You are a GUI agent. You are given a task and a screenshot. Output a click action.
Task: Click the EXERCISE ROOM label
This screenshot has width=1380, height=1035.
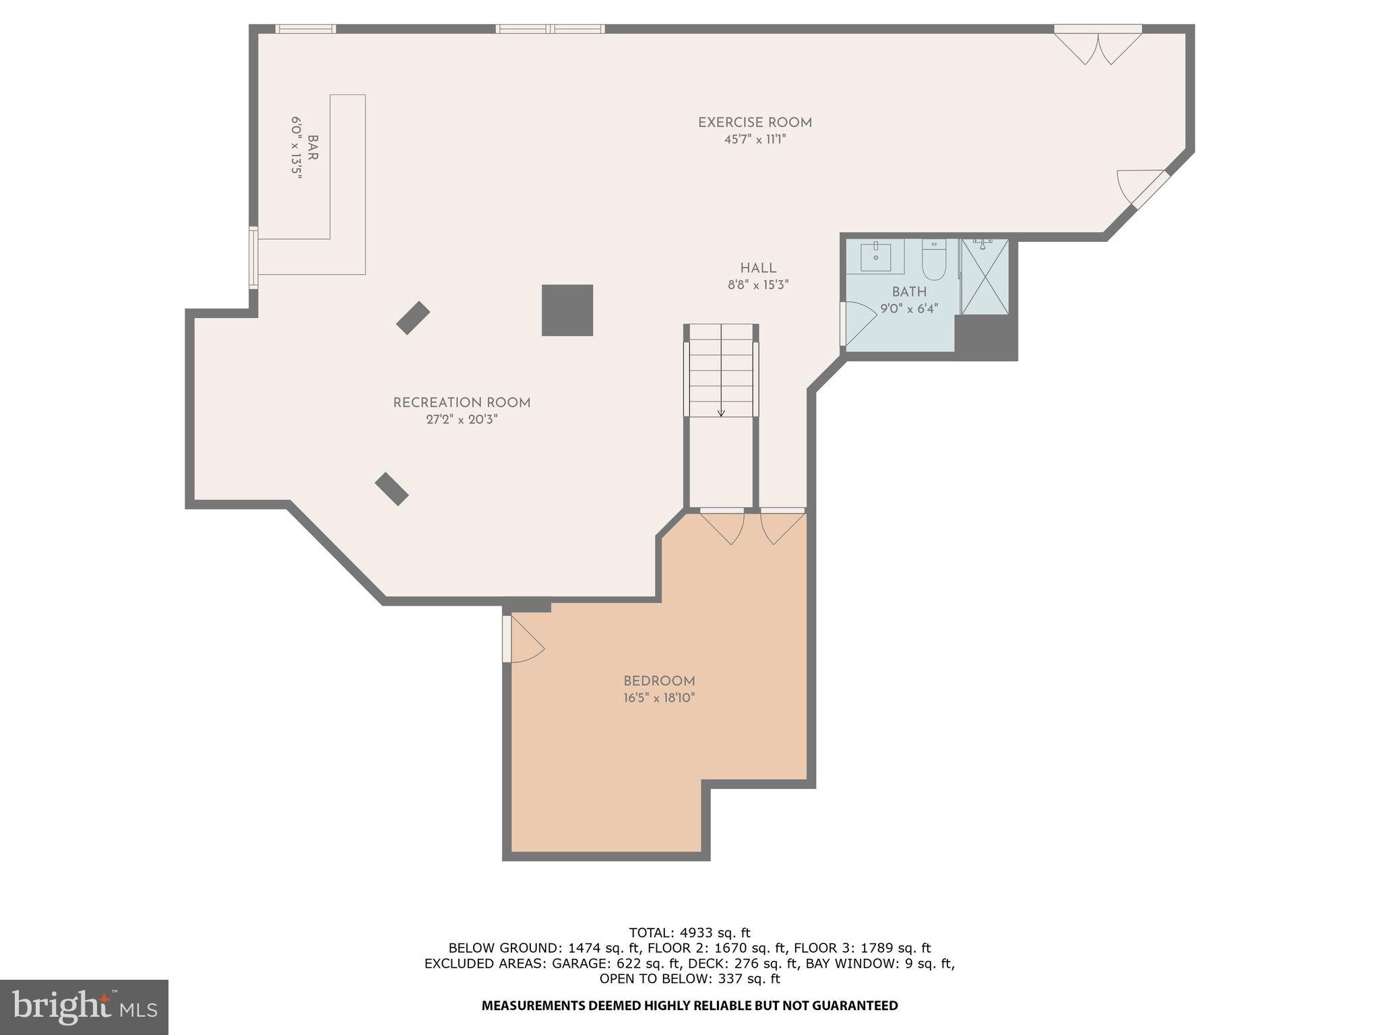coord(755,123)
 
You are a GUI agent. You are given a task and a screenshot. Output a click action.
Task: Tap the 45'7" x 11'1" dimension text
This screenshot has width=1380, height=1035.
coord(755,139)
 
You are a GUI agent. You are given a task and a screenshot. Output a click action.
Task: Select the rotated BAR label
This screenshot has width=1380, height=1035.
coord(313,148)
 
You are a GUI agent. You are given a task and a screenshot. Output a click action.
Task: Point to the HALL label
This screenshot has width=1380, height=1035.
coord(758,268)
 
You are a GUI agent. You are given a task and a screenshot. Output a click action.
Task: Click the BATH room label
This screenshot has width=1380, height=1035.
coord(909,292)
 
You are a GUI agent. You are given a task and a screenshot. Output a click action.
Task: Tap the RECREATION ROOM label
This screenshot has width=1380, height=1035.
coord(462,403)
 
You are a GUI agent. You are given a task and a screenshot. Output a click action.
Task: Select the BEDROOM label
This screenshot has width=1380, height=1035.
coord(659,681)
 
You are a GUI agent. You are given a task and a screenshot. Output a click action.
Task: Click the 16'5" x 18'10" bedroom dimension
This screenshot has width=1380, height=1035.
coord(659,698)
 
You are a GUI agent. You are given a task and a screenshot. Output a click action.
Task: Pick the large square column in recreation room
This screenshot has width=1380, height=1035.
coord(567,310)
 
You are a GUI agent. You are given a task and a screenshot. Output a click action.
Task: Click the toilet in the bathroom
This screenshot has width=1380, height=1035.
coord(934,261)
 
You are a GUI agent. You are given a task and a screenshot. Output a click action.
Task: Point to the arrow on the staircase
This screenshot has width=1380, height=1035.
coord(721,412)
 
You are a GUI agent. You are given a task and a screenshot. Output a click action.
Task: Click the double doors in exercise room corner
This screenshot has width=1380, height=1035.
coord(1098,46)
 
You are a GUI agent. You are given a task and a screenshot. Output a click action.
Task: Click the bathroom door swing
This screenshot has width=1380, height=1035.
coord(859,323)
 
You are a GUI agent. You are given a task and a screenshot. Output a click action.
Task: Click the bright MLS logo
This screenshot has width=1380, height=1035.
coord(84,1007)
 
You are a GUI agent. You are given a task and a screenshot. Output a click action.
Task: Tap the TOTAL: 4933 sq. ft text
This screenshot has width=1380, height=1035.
coord(689,933)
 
